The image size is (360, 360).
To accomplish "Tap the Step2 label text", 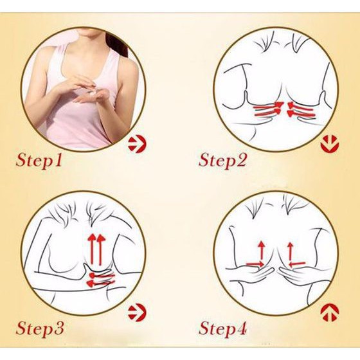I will click(222, 159).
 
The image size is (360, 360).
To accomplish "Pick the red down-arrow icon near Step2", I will click(328, 143).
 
